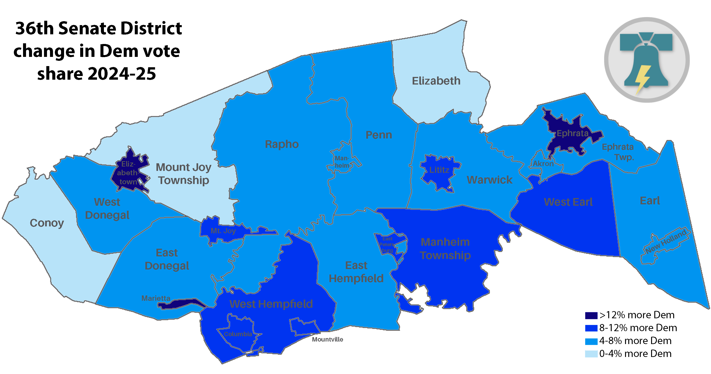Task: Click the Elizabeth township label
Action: point(436,81)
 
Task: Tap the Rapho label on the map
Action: point(282,144)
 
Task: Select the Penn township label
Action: point(379,135)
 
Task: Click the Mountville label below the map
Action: point(327,339)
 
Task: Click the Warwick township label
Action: point(489,180)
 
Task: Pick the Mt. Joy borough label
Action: point(223,231)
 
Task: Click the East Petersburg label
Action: point(387,244)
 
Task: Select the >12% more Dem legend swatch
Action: point(591,315)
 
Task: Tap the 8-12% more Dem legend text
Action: point(638,328)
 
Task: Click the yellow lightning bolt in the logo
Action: point(642,79)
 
